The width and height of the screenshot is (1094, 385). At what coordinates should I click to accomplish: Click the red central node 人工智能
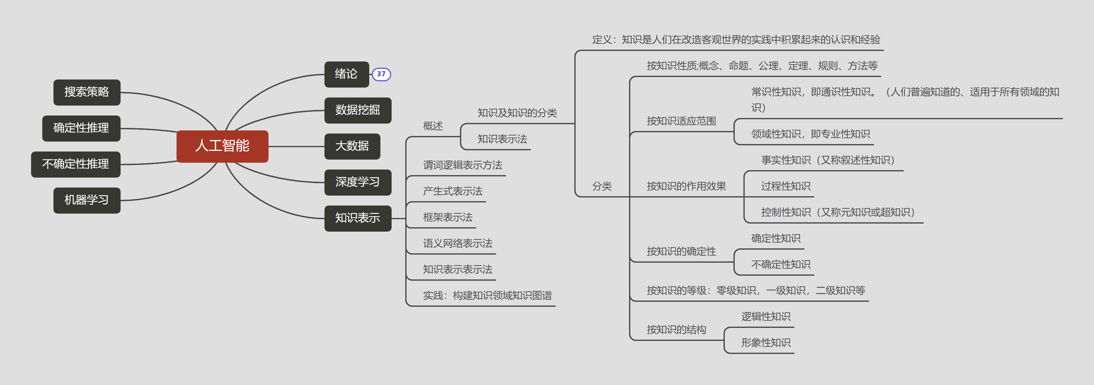(222, 146)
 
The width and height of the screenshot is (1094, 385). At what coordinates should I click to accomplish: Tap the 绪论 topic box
(346, 74)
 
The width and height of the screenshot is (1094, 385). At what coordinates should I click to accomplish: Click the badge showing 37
(381, 74)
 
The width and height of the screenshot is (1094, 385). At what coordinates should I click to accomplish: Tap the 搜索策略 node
(87, 92)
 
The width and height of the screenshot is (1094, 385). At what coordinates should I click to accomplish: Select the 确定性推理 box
(81, 128)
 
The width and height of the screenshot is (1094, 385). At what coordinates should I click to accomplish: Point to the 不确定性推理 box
(76, 164)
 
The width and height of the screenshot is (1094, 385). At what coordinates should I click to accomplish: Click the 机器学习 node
(87, 200)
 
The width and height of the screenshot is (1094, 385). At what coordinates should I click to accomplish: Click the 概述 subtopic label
(433, 126)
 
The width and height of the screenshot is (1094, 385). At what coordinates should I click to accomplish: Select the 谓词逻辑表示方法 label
(462, 165)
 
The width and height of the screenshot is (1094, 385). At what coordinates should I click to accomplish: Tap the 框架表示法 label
(448, 217)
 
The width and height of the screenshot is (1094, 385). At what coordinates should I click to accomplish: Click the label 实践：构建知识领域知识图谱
(487, 296)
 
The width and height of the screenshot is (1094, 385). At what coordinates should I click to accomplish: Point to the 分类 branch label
(602, 186)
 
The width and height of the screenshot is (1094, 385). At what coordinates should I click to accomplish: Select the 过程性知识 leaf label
(786, 186)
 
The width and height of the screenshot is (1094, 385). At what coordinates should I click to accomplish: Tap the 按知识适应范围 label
(681, 121)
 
